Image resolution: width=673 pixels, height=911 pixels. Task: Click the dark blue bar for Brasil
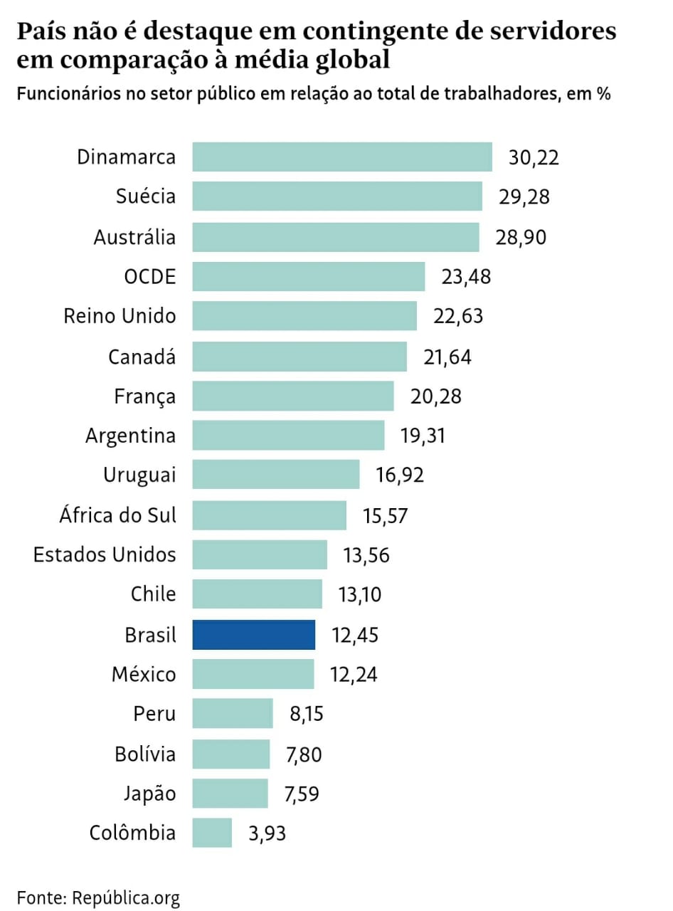[253, 634]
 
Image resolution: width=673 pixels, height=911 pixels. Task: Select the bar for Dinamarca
[342, 157]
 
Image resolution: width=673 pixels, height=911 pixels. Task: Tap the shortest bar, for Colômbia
[212, 833]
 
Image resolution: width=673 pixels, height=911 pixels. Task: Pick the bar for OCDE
[309, 276]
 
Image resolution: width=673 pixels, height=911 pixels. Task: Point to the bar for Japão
[230, 793]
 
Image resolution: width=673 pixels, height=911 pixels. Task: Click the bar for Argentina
[288, 435]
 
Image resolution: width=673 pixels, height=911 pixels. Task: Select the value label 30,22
[534, 157]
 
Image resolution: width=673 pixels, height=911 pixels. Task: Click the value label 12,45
[355, 634]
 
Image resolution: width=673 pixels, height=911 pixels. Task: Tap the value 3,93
[267, 833]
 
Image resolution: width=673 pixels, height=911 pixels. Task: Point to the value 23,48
[466, 276]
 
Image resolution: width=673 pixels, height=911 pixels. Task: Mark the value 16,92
[401, 475]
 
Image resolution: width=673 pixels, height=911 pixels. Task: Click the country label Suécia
[145, 196]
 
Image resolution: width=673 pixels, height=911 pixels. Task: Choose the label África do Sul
[117, 514]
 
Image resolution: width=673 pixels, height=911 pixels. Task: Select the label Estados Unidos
[105, 554]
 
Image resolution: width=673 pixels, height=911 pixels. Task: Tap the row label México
[143, 673]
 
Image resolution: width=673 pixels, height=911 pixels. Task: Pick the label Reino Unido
[120, 315]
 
